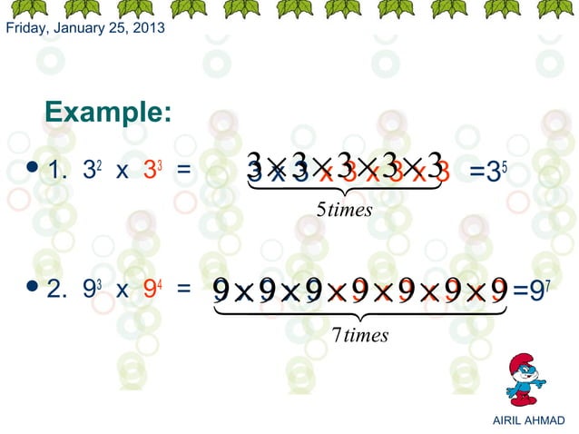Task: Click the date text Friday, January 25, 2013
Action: (x=85, y=28)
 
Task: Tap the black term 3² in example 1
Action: (x=91, y=171)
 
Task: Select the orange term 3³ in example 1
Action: (x=152, y=171)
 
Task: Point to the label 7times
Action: (x=359, y=335)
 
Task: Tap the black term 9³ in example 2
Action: (x=91, y=290)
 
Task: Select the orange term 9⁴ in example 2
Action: (x=152, y=290)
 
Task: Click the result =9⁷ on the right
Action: (x=531, y=290)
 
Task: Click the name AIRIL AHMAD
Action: (x=527, y=420)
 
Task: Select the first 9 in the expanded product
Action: (x=221, y=291)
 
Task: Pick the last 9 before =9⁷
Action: (x=498, y=291)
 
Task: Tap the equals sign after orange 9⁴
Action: (x=183, y=291)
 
